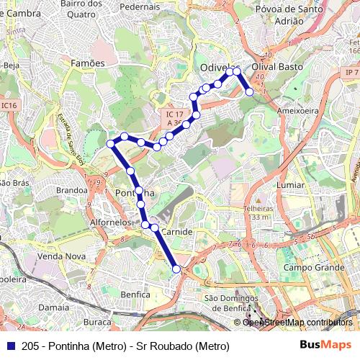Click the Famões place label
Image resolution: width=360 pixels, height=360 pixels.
pyautogui.click(x=88, y=63)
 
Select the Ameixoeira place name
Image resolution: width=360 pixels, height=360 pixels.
pyautogui.click(x=297, y=111)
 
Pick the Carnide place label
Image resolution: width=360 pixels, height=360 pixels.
pyautogui.click(x=176, y=233)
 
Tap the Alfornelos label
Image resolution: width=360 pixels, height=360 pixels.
pyautogui.click(x=111, y=222)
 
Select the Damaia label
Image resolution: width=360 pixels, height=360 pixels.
pyautogui.click(x=53, y=307)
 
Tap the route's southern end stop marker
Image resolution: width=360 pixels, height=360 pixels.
pyautogui.click(x=177, y=269)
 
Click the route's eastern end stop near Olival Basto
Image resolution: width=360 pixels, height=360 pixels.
pyautogui.click(x=249, y=91)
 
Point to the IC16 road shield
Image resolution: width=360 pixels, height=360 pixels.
pyautogui.click(x=8, y=105)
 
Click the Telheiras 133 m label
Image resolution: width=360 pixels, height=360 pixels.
pyautogui.click(x=257, y=211)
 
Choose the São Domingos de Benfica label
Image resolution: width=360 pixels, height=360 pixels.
pyautogui.click(x=232, y=302)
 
